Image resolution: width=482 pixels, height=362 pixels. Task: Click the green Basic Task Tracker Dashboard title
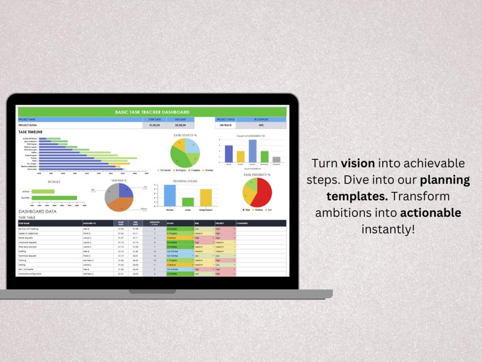click(152, 112)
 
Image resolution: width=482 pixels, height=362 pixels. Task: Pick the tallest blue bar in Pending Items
click(170, 195)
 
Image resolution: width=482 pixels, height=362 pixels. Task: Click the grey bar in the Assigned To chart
click(276, 160)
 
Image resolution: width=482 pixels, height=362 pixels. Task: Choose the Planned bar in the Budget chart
click(54, 198)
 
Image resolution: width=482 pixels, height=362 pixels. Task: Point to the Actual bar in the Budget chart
click(43, 191)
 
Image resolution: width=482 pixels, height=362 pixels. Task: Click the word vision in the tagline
click(358, 164)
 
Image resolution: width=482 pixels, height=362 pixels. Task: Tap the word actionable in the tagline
click(430, 213)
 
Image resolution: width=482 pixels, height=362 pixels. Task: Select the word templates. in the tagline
click(357, 196)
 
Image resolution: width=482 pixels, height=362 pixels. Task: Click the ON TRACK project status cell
click(226, 125)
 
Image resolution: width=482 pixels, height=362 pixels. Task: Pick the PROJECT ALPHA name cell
click(28, 125)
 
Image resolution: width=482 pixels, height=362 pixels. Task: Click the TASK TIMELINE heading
click(30, 132)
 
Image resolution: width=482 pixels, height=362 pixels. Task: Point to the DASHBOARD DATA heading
click(37, 212)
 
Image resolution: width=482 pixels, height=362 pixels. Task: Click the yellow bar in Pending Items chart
click(206, 198)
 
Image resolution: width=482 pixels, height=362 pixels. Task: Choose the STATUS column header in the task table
click(170, 223)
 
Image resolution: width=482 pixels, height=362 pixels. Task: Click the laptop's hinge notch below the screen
click(152, 291)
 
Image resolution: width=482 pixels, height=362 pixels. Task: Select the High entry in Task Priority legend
click(246, 210)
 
